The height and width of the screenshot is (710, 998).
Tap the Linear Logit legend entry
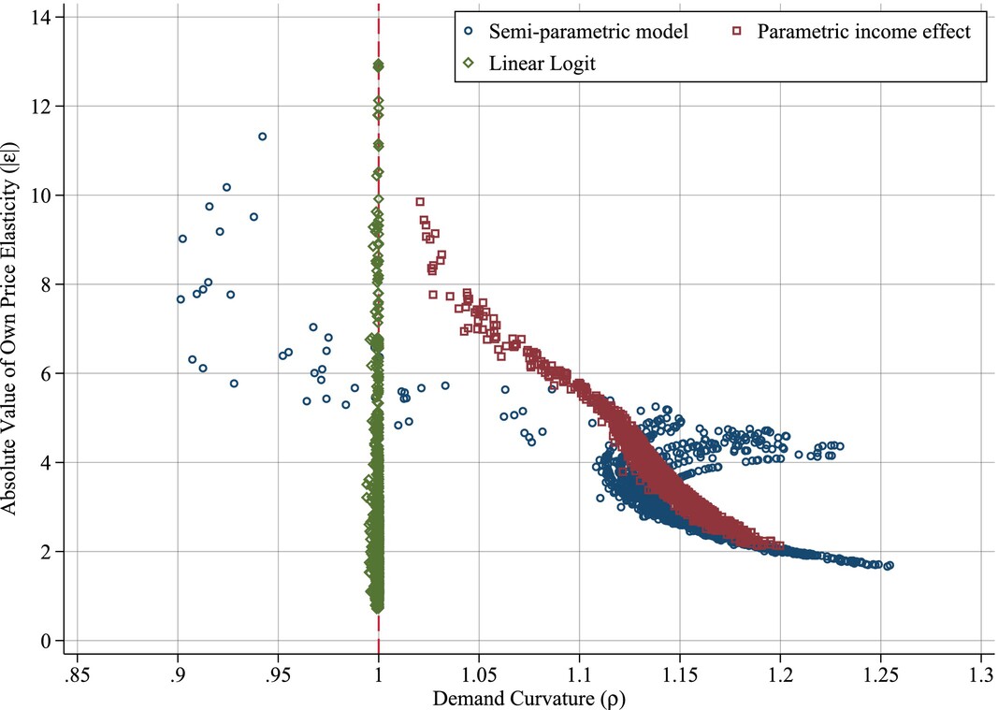[542, 63]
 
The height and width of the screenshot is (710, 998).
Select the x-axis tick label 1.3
[980, 674]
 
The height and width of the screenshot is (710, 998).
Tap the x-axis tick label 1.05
[478, 674]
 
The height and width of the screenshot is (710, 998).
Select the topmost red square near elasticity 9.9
[420, 201]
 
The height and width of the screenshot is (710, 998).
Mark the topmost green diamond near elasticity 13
[378, 65]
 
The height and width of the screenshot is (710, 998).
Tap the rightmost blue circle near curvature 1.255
[889, 565]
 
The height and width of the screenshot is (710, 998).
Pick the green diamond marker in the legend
[468, 63]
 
